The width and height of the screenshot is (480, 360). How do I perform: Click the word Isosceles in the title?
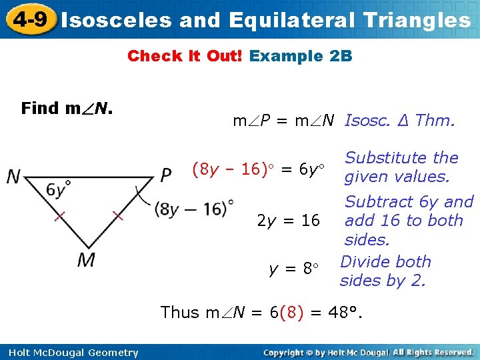pos(116,20)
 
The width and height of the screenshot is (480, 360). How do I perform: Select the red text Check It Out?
pos(185,56)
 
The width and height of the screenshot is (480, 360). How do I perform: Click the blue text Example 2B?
pos(300,56)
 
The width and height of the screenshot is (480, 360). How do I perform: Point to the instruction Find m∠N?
pos(67,108)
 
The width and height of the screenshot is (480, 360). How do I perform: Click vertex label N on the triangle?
pos(13,177)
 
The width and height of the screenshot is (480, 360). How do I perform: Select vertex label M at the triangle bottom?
pos(86,259)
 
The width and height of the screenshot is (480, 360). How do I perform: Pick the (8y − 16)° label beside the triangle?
pos(194,209)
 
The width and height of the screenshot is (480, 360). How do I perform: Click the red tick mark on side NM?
pos(59,216)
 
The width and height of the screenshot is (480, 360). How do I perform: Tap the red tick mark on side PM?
pos(117,215)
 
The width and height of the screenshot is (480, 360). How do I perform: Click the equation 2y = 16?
pos(288,221)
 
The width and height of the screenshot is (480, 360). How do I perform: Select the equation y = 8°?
pos(294,269)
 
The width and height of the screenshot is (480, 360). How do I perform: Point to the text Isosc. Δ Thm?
pos(399,121)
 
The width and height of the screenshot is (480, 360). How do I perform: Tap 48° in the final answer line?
pos(346,312)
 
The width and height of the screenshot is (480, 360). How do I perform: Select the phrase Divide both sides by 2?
pos(385,271)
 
